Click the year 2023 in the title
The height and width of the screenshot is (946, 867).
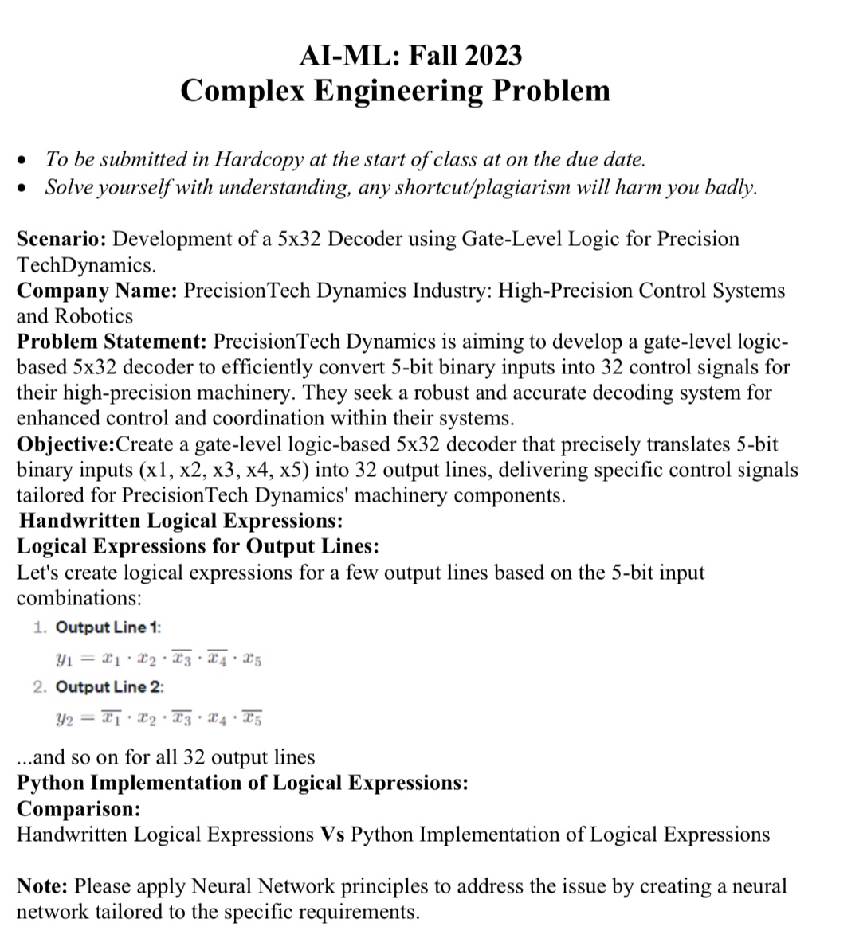click(x=494, y=55)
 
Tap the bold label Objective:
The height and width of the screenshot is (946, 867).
click(x=66, y=444)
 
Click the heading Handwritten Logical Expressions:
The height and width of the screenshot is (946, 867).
click(x=181, y=521)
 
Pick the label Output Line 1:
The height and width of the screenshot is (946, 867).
click(x=108, y=627)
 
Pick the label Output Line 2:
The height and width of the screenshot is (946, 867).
click(x=109, y=687)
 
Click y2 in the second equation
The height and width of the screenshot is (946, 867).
click(x=65, y=719)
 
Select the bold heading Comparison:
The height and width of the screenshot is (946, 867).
click(x=78, y=809)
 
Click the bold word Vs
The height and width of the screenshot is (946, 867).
click(x=332, y=835)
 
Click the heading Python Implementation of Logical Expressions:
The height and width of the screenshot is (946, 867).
click(x=242, y=783)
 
